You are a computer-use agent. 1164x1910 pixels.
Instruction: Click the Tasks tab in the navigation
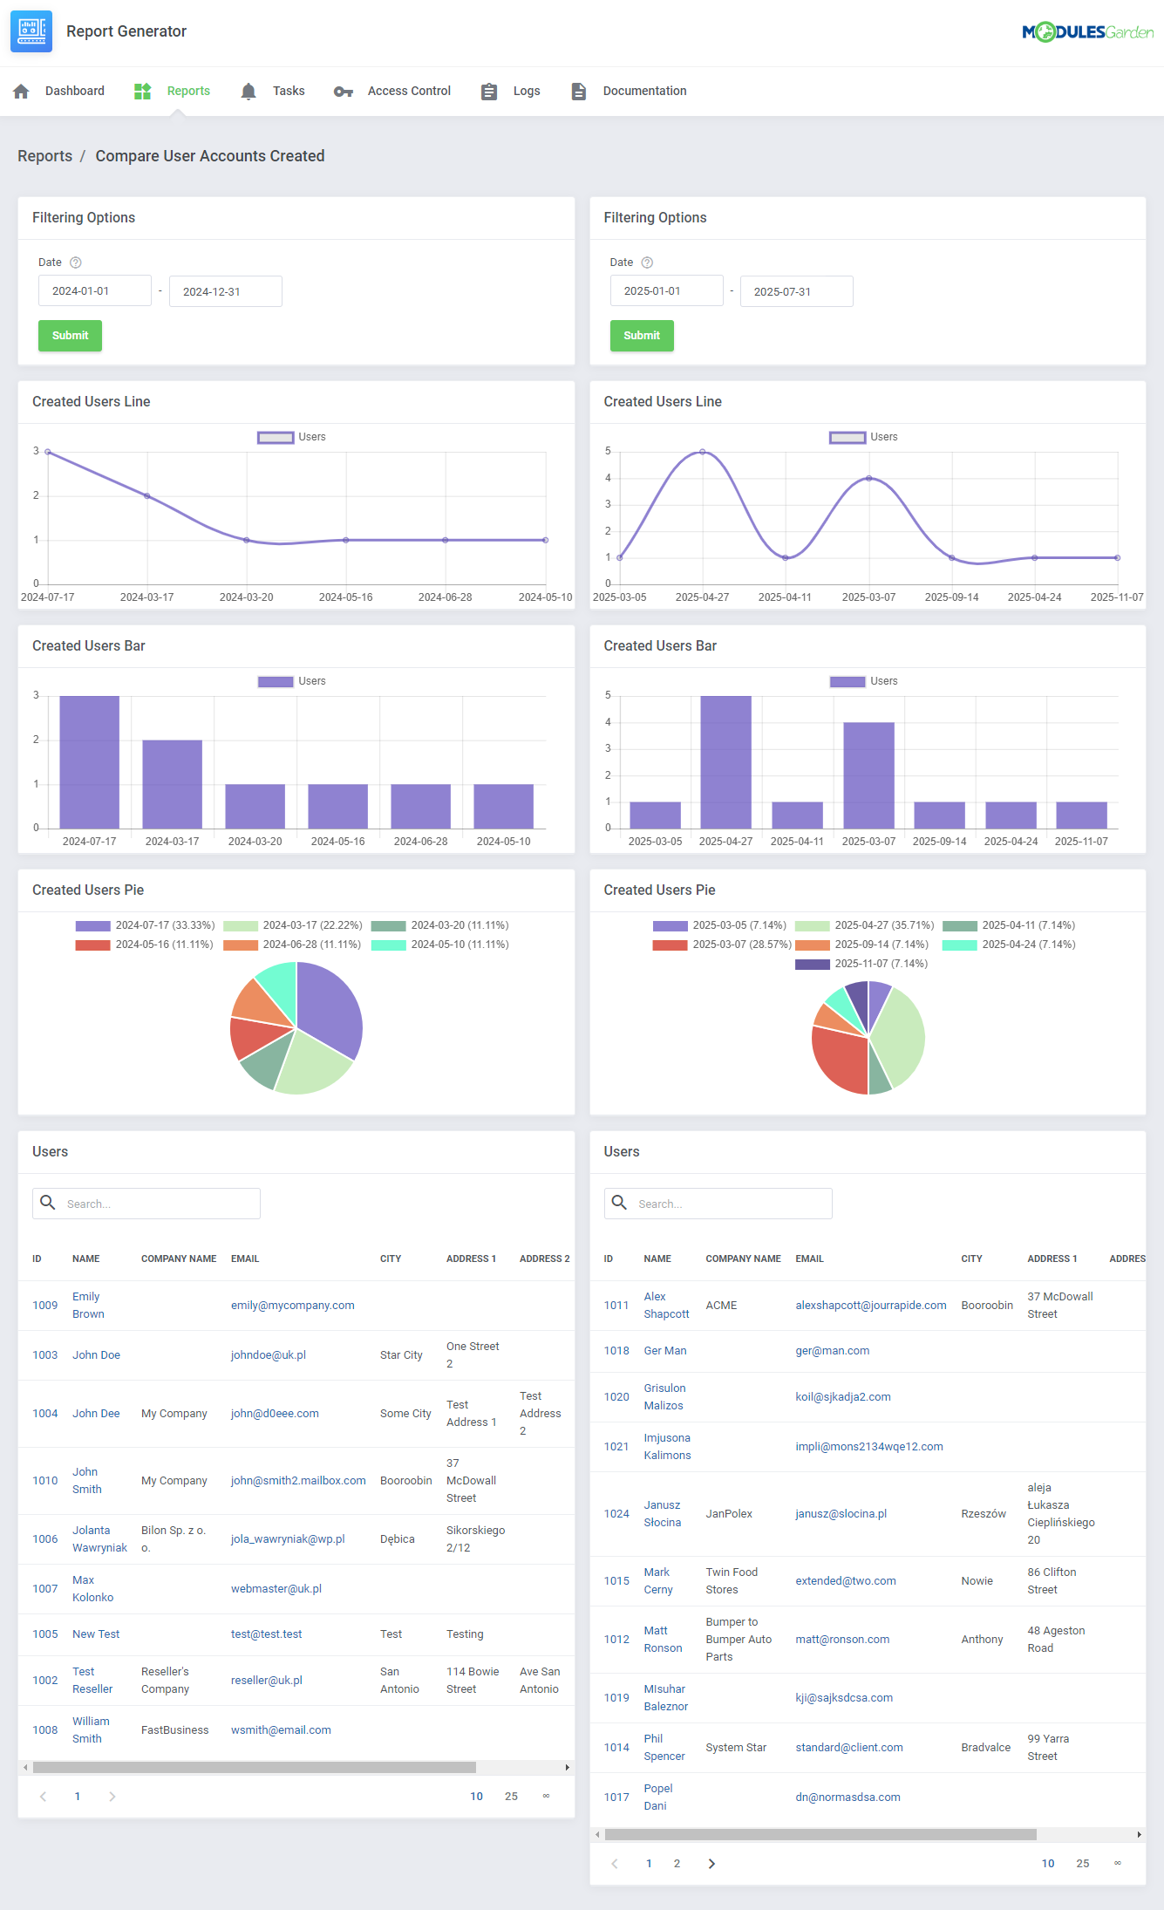click(x=287, y=91)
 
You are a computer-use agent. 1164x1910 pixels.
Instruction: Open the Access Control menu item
click(x=408, y=91)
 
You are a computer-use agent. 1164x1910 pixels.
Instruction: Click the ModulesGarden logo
click(x=1087, y=32)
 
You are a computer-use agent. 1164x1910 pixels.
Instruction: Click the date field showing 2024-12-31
click(x=225, y=291)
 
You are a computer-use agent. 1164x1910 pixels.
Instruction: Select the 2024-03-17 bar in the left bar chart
click(x=172, y=783)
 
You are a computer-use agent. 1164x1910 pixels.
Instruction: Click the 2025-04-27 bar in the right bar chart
click(x=725, y=761)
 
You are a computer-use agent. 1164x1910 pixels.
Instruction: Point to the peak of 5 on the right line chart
click(x=703, y=452)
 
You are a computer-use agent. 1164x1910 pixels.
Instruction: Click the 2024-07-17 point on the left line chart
click(x=48, y=452)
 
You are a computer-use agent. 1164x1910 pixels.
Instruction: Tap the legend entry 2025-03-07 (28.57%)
click(x=741, y=945)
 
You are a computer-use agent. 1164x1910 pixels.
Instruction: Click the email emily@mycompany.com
click(x=292, y=1306)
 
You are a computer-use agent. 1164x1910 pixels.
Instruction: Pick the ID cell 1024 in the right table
click(x=616, y=1514)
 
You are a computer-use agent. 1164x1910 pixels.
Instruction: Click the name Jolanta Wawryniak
click(x=99, y=1539)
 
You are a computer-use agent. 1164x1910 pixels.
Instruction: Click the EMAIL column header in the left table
click(x=245, y=1259)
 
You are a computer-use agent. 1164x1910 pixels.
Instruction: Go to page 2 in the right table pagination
click(x=677, y=1864)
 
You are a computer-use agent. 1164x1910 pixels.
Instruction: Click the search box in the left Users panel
click(x=157, y=1204)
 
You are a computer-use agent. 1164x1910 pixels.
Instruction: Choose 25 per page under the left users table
click(x=511, y=1797)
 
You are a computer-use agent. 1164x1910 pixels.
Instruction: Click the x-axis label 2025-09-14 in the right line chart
click(x=951, y=597)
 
